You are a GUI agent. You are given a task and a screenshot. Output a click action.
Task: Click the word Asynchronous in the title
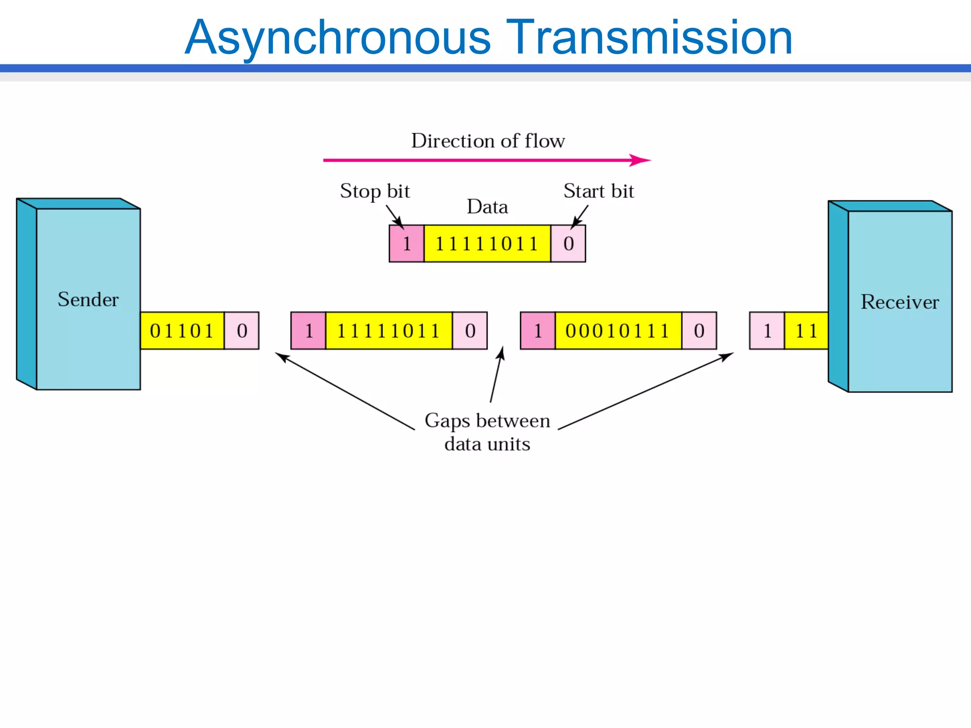[x=338, y=38]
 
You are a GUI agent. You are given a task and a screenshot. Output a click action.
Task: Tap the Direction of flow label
[x=487, y=141]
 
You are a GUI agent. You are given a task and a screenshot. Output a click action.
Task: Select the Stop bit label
[x=375, y=191]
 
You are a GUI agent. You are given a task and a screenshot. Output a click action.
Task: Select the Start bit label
[x=598, y=191]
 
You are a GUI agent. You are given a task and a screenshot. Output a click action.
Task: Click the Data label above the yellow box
[x=487, y=207]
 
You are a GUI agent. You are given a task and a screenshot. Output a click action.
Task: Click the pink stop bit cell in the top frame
[x=406, y=244]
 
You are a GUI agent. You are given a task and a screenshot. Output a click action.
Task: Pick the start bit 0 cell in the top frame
[x=568, y=244]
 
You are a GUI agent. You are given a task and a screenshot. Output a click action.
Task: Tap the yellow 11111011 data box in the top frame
[x=487, y=244]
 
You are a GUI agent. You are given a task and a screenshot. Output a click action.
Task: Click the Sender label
[x=88, y=300]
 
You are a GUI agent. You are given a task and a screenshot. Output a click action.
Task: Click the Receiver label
[x=899, y=302]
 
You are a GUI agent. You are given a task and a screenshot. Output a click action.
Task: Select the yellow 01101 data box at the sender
[x=182, y=331]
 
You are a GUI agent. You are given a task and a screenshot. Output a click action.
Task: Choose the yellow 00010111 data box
[x=618, y=331]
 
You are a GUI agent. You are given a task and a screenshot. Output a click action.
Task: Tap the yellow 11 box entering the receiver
[x=806, y=331]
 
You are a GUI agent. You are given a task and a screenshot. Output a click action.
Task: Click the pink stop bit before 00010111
[x=538, y=331]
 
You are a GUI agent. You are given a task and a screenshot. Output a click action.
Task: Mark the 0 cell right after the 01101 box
[x=242, y=331]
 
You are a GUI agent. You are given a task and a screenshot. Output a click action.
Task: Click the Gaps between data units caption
[x=487, y=432]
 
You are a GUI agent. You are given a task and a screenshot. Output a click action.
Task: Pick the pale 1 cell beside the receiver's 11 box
[x=767, y=331]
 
